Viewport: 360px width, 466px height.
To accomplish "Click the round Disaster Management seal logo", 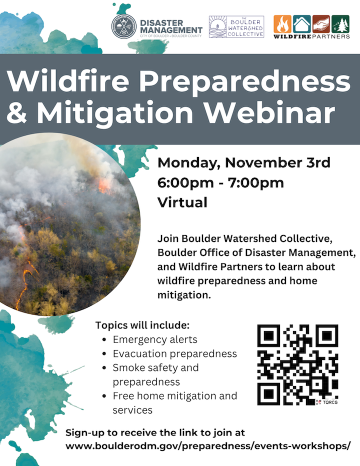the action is pos(124,26).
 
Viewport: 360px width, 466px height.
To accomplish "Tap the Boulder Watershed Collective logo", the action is pos(236,26).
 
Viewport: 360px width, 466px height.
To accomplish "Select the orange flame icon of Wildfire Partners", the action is pos(282,24).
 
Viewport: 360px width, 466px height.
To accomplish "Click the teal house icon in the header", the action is pos(301,24).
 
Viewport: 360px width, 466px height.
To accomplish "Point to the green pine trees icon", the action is pos(340,24).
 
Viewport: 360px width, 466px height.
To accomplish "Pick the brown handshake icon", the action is pos(321,24).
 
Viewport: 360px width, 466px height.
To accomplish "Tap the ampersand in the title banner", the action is pos(17,112).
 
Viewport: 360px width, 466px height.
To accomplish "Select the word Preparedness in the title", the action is pos(245,81).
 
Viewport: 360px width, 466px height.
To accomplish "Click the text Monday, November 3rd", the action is pos(244,162).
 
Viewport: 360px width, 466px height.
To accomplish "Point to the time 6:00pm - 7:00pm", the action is pos(220,183).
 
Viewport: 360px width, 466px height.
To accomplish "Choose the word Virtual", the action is pos(182,202).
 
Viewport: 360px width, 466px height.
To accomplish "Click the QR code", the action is pos(297,364).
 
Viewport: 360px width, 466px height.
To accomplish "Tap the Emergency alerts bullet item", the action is pos(155,339).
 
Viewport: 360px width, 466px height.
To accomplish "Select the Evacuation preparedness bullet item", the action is pos(175,353).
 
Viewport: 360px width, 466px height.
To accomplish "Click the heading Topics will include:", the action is pos(142,325).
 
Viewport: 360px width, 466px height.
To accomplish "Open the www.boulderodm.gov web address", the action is pos(208,446).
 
